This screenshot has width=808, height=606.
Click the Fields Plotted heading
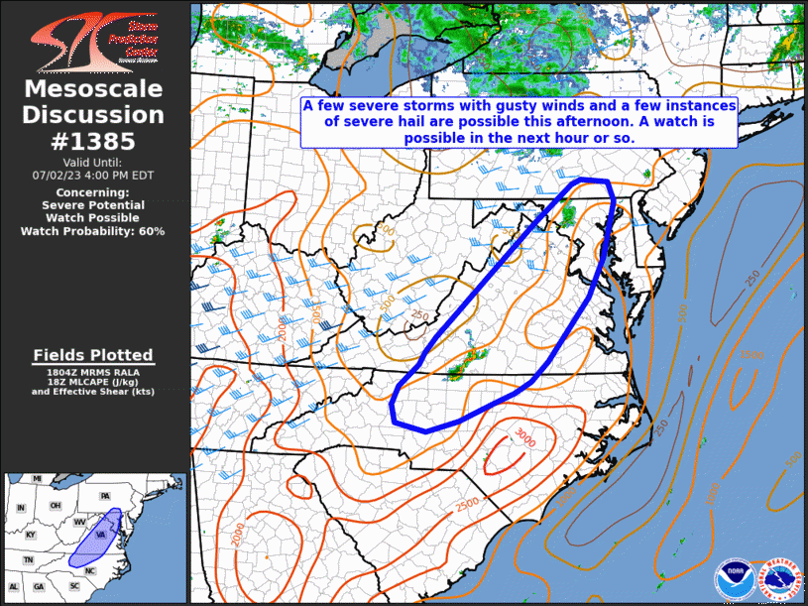[92, 355]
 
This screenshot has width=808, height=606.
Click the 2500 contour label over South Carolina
[465, 504]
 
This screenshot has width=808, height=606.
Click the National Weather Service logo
[778, 578]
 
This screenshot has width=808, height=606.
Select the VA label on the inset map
[100, 534]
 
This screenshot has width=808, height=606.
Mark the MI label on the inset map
[37, 479]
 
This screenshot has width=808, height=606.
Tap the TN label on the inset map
[29, 560]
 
